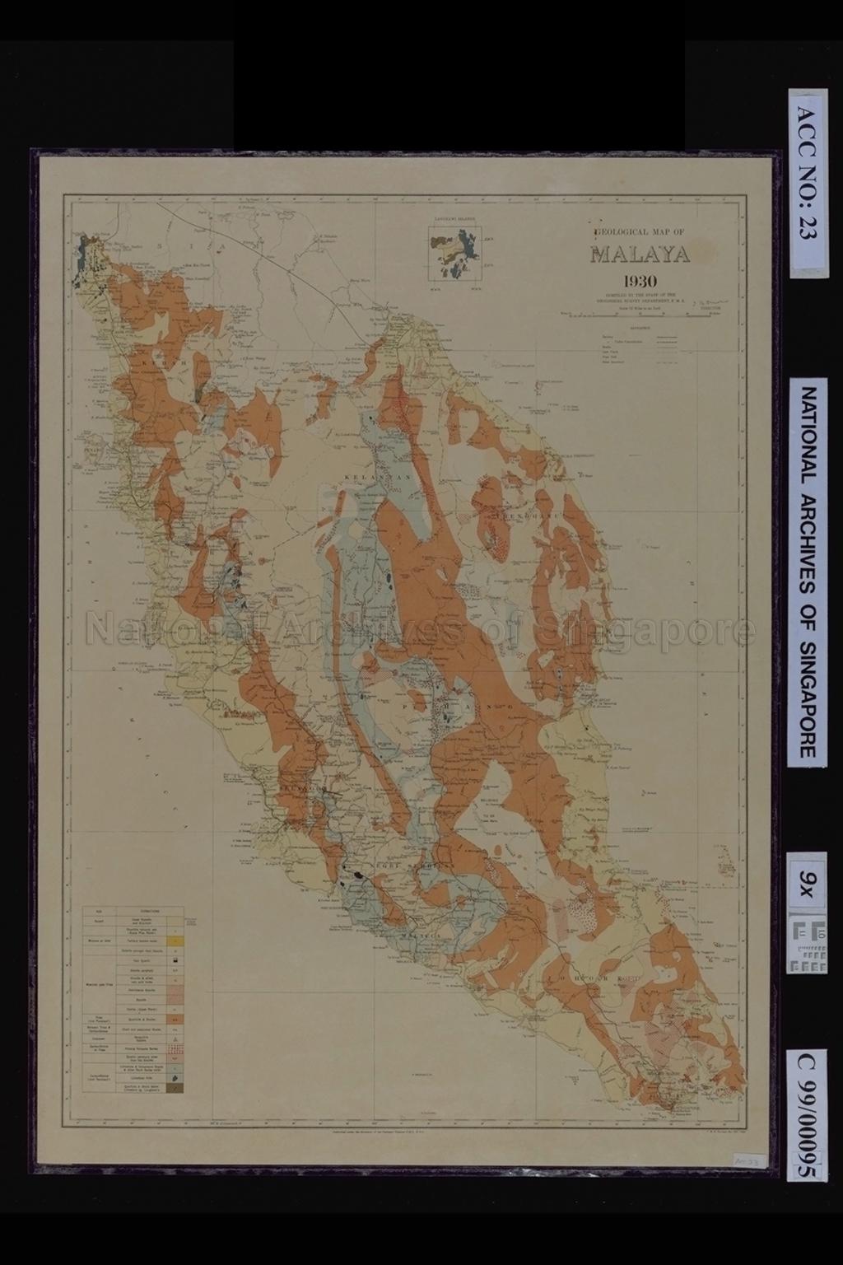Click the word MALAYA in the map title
[x=639, y=254]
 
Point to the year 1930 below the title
[x=639, y=279]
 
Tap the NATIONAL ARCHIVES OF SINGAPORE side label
[x=808, y=572]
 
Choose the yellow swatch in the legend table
[x=175, y=940]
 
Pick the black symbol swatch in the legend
[x=175, y=959]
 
